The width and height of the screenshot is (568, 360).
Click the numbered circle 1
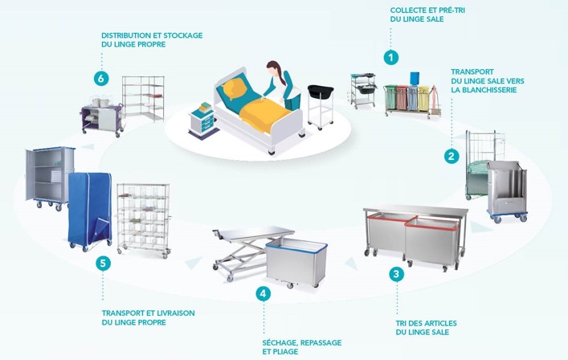[x=390, y=57]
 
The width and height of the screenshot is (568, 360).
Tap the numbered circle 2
[x=452, y=156]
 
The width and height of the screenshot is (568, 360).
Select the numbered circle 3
[x=396, y=274]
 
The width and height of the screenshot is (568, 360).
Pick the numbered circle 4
[x=263, y=293]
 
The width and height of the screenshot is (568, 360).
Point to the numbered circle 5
[x=104, y=264]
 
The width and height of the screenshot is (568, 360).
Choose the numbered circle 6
[x=101, y=78]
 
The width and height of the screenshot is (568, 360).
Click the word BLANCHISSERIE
[x=484, y=90]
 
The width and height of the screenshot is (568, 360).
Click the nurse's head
[x=273, y=69]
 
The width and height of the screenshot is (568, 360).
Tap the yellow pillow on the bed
[x=235, y=89]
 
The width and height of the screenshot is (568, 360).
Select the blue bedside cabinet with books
[x=202, y=121]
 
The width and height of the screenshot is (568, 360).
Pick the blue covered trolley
[x=90, y=211]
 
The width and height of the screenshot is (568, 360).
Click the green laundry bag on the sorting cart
[x=390, y=97]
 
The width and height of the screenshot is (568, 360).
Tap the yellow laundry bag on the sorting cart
[x=423, y=98]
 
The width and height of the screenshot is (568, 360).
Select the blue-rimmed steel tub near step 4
[x=296, y=262]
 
